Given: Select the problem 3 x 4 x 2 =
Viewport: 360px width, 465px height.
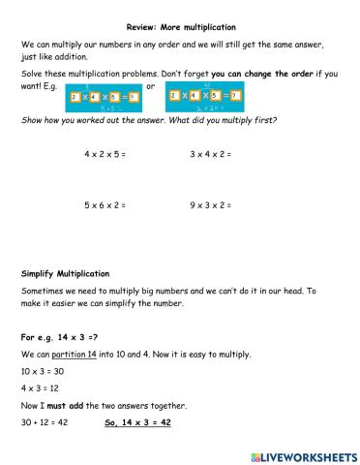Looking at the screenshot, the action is (211, 154).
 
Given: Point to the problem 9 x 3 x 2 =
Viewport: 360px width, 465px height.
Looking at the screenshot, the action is (211, 205).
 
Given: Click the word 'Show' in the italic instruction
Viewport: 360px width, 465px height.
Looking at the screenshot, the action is (31, 120).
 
